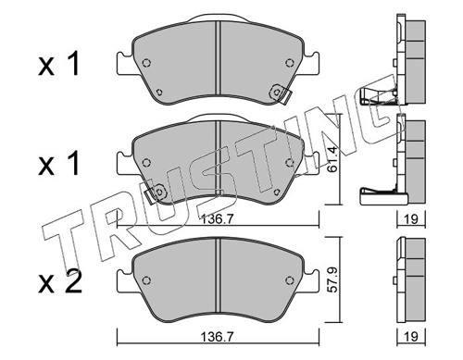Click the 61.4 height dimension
point(332,159)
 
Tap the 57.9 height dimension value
point(332,279)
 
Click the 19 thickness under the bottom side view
point(411,337)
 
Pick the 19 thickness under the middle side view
point(411,219)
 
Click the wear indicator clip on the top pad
point(280,93)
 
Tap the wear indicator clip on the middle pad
point(156,193)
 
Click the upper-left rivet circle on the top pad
point(146,63)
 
